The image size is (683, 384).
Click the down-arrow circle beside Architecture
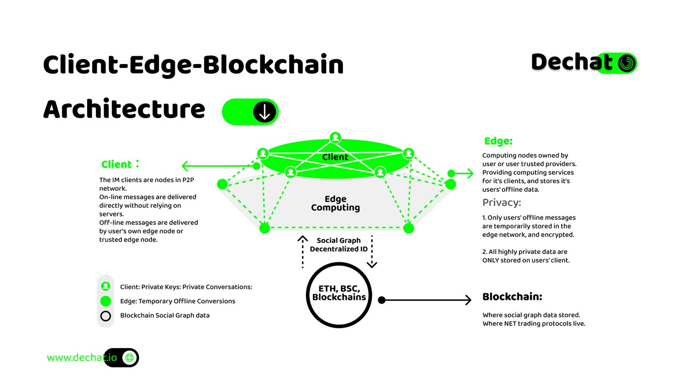265,112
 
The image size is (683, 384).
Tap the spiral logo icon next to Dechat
627,63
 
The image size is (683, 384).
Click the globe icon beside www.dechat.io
129,357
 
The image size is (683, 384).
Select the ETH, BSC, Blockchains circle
339,295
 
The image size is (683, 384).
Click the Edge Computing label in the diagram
335,203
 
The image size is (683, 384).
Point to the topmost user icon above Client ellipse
335,137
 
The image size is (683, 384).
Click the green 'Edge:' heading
498,141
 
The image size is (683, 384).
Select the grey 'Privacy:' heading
502,203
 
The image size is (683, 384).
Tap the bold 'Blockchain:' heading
512,296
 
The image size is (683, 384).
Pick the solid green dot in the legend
105,301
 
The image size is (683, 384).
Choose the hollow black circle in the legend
105,316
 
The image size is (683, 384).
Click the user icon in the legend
105,286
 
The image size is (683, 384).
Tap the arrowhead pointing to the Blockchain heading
468,300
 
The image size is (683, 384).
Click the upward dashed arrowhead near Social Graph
302,239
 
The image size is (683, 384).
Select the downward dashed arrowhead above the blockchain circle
372,264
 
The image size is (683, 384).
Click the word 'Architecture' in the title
124,109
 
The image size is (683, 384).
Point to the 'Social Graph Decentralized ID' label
339,244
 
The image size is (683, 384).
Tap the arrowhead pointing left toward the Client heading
185,166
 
